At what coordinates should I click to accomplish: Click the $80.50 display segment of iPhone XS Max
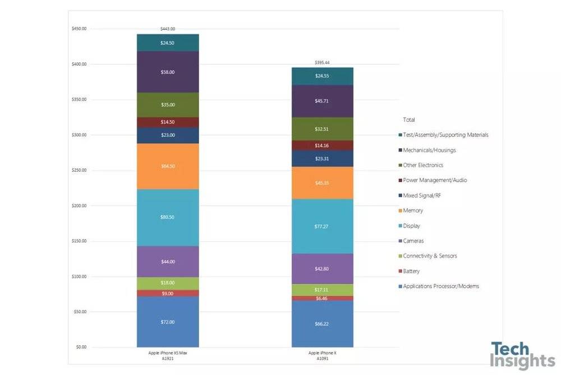[168, 217]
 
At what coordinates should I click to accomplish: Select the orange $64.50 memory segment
[168, 166]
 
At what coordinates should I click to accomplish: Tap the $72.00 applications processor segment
[168, 322]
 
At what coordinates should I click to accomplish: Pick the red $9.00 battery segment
[168, 293]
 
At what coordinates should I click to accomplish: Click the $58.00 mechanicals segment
[168, 72]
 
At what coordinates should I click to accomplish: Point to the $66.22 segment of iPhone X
[322, 324]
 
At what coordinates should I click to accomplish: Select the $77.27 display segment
[322, 226]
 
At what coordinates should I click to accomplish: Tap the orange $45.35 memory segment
[322, 182]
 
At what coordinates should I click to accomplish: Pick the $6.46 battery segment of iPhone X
[322, 298]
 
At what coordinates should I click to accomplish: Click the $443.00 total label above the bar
[168, 29]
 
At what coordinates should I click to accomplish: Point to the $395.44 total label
[322, 63]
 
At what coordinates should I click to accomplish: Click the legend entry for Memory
[413, 211]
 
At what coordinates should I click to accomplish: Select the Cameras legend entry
[413, 241]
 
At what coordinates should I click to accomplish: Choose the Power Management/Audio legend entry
[435, 180]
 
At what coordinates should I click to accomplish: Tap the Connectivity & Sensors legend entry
[430, 256]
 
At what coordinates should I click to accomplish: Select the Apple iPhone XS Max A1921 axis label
[168, 355]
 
